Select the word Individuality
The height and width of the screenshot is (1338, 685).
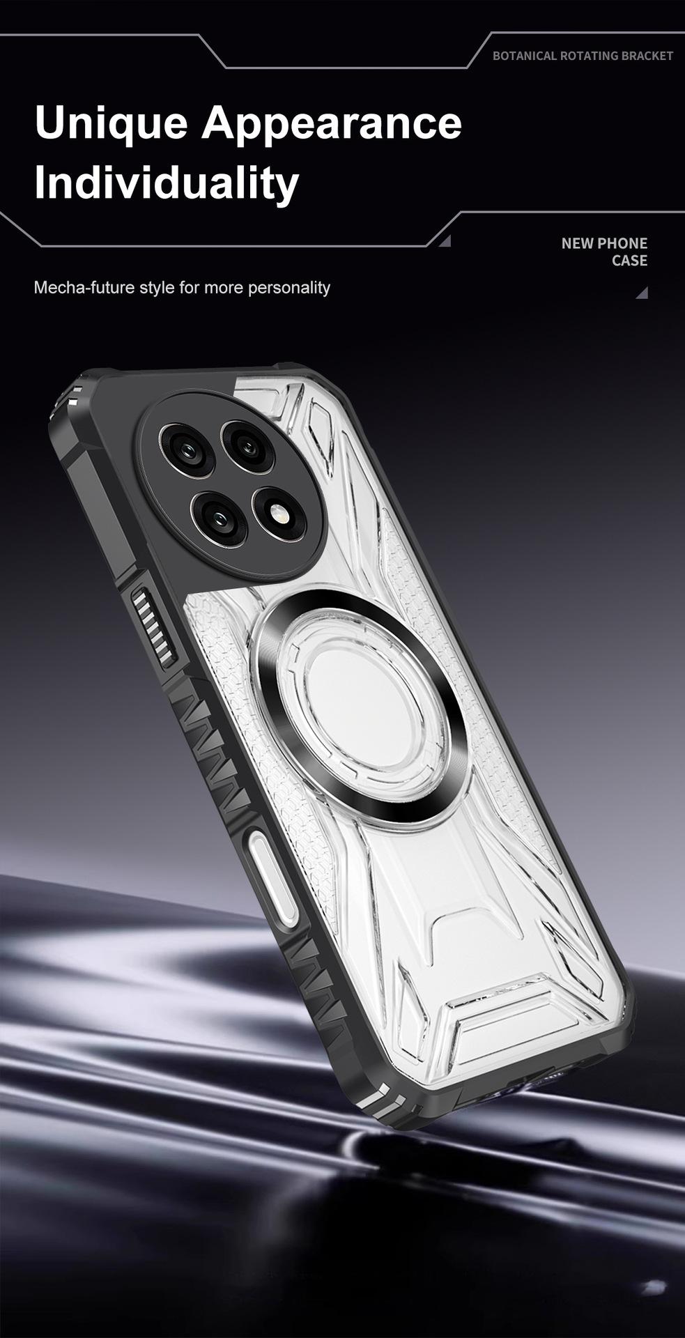tap(167, 182)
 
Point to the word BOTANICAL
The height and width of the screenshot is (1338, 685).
tap(524, 56)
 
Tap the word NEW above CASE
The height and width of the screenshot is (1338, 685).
tap(577, 243)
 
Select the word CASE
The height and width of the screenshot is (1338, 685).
tap(630, 261)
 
